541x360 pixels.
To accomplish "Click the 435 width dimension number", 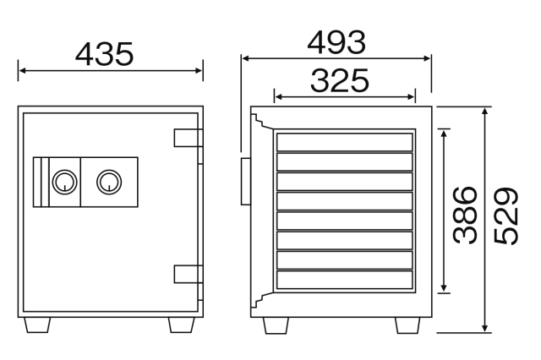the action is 104,54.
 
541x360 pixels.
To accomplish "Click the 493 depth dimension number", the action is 336,43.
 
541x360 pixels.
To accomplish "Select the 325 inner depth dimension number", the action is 340,80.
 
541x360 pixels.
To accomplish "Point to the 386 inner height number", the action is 465,215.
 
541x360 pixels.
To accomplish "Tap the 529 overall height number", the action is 506,216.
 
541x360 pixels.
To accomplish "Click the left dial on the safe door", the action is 64,182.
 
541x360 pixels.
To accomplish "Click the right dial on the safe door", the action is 109,182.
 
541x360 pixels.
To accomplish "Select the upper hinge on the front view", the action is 188,138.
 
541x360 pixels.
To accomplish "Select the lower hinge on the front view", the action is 188,274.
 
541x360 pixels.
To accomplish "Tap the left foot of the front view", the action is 37,325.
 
